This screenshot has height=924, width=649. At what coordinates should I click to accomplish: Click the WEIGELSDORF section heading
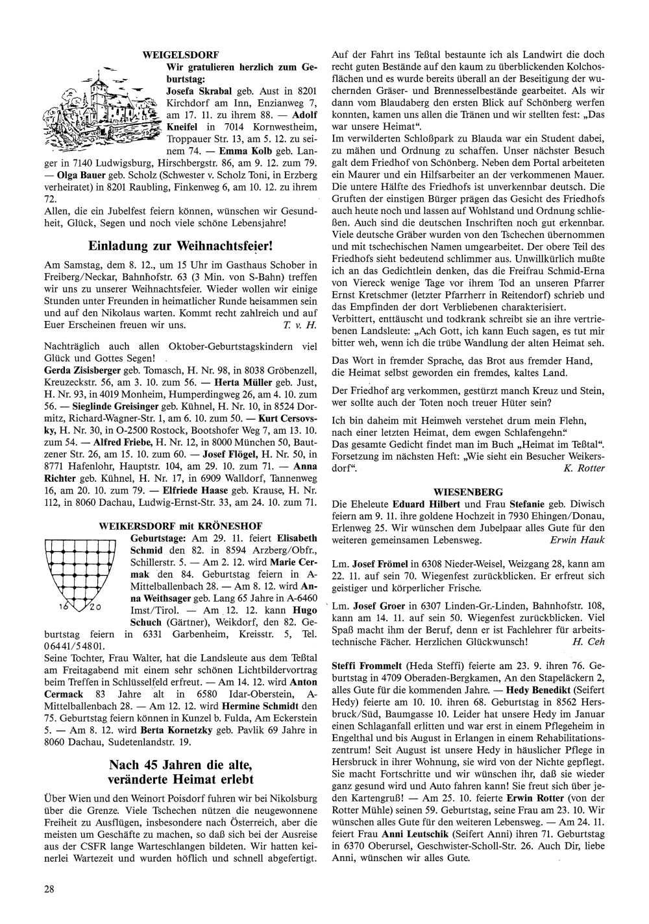[x=180, y=54]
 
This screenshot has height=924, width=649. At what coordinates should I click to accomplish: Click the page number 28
[x=49, y=888]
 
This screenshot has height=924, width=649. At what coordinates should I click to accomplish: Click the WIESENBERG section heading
[x=468, y=492]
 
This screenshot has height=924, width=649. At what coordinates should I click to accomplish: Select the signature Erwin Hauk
[x=577, y=539]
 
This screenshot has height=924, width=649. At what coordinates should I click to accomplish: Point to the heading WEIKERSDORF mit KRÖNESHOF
[x=180, y=525]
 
